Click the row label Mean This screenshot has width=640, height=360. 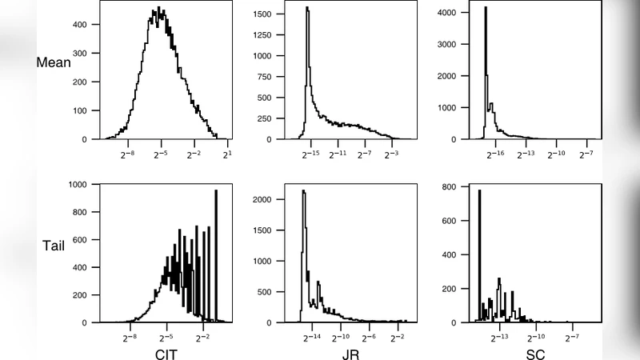point(54,62)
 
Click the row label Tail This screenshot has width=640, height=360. point(54,246)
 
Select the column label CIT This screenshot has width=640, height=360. point(166,353)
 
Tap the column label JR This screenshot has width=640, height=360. point(350,353)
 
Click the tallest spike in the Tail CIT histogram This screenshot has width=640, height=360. point(216,192)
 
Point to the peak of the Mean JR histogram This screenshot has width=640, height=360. point(307,10)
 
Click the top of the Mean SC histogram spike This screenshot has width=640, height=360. point(486,9)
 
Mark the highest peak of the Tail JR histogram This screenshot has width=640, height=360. point(303,191)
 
